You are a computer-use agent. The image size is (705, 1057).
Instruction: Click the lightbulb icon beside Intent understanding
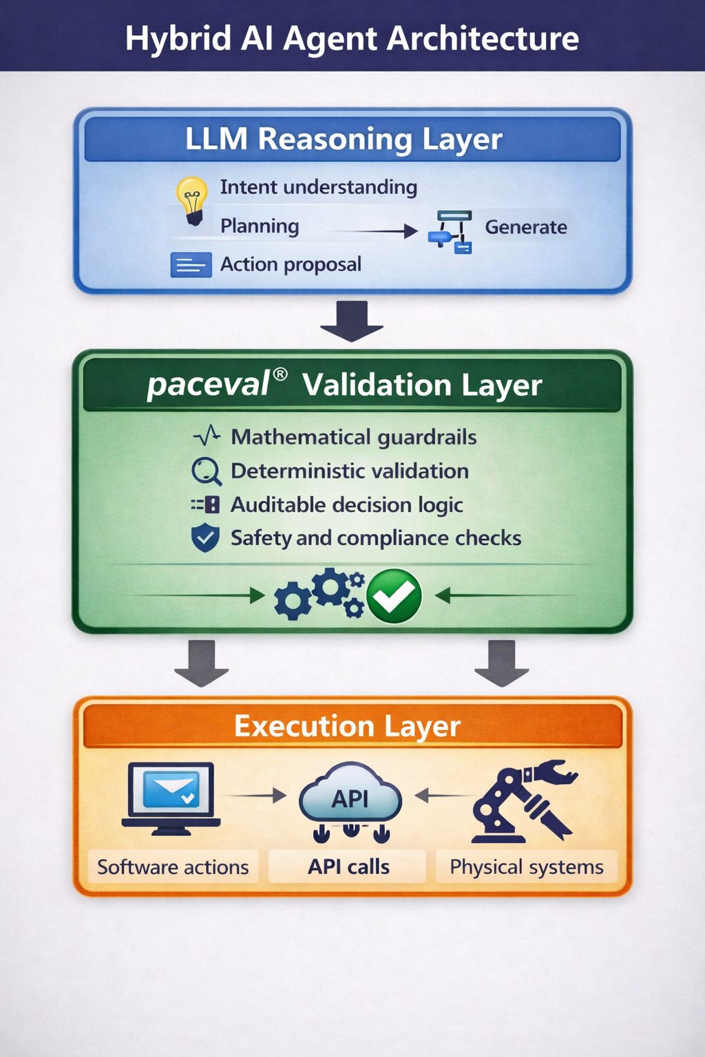click(192, 200)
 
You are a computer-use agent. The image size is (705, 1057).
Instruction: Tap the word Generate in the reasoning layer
click(526, 227)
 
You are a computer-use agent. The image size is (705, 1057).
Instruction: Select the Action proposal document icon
click(191, 264)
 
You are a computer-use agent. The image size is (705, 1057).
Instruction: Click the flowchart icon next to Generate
click(451, 232)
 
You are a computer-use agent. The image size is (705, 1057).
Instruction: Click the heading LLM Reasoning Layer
click(344, 139)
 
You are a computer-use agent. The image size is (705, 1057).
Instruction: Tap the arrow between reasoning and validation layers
click(352, 321)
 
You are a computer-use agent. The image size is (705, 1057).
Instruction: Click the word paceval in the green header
click(208, 385)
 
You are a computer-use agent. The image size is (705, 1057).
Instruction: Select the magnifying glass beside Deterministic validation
click(206, 471)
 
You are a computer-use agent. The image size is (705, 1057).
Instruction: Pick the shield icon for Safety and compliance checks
click(205, 537)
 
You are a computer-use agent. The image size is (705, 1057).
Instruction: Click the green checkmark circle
click(394, 596)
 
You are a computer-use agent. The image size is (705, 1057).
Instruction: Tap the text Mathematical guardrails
click(354, 437)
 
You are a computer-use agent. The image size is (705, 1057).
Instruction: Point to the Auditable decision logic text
click(346, 504)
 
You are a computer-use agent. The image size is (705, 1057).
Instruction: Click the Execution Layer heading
click(348, 726)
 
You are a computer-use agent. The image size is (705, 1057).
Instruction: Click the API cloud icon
click(350, 800)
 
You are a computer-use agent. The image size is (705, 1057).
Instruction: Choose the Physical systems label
click(527, 867)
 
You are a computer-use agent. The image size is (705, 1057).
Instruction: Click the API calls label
click(348, 867)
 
